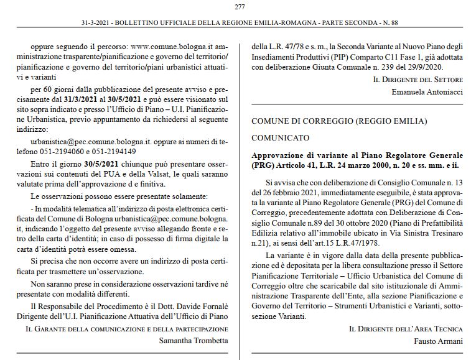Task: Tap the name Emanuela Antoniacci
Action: [428, 91]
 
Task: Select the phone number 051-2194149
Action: [113, 151]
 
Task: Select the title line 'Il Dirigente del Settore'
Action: [418, 80]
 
